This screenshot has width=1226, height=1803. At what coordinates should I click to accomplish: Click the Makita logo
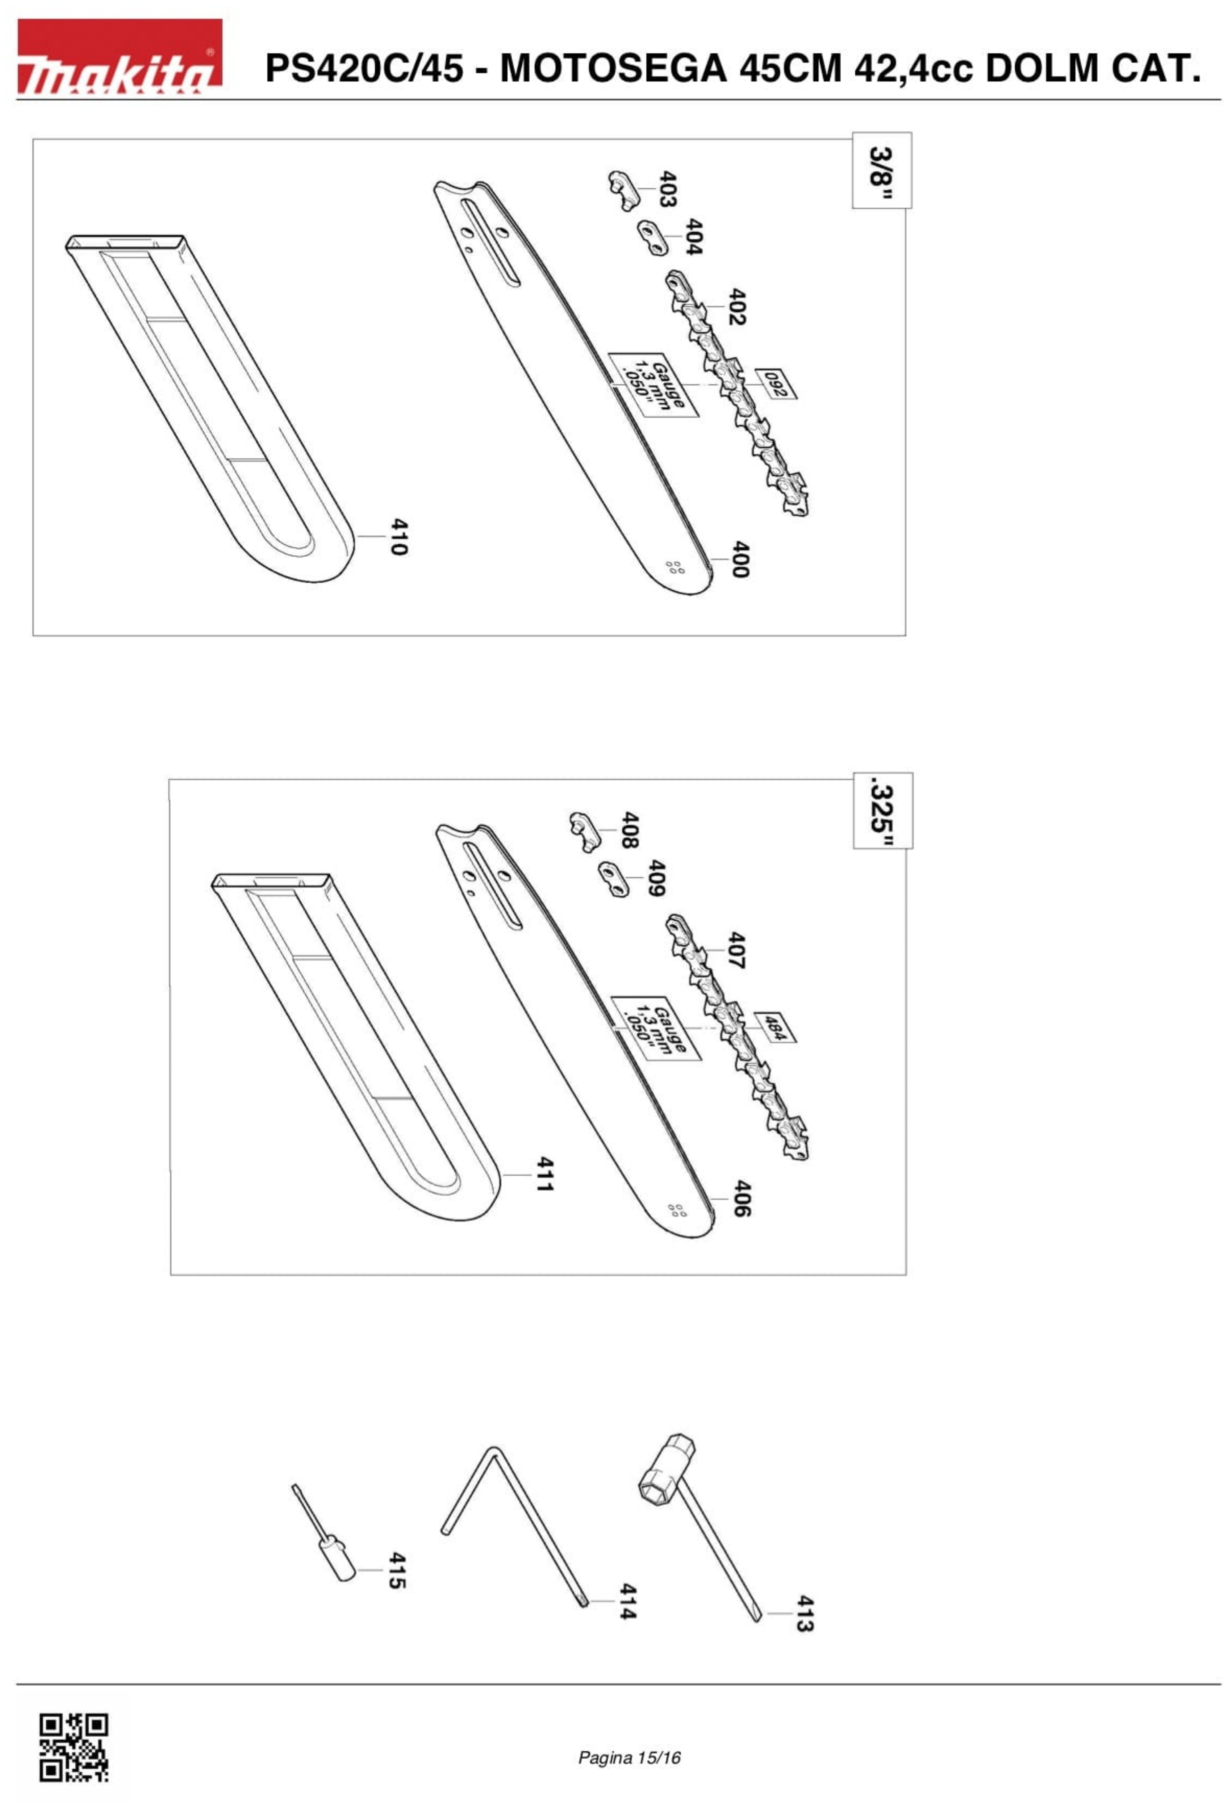(x=120, y=57)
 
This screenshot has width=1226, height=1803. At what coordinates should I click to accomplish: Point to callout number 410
(x=398, y=536)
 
